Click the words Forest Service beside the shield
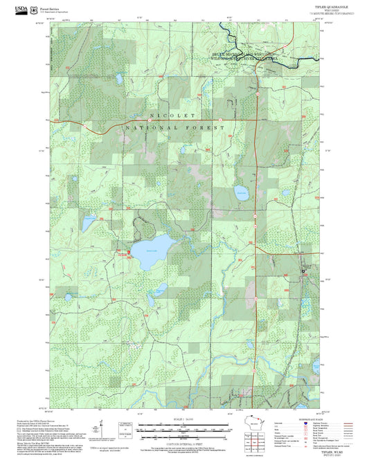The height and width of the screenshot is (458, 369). coord(49,7)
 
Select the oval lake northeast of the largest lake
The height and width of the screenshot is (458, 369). coord(240,195)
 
